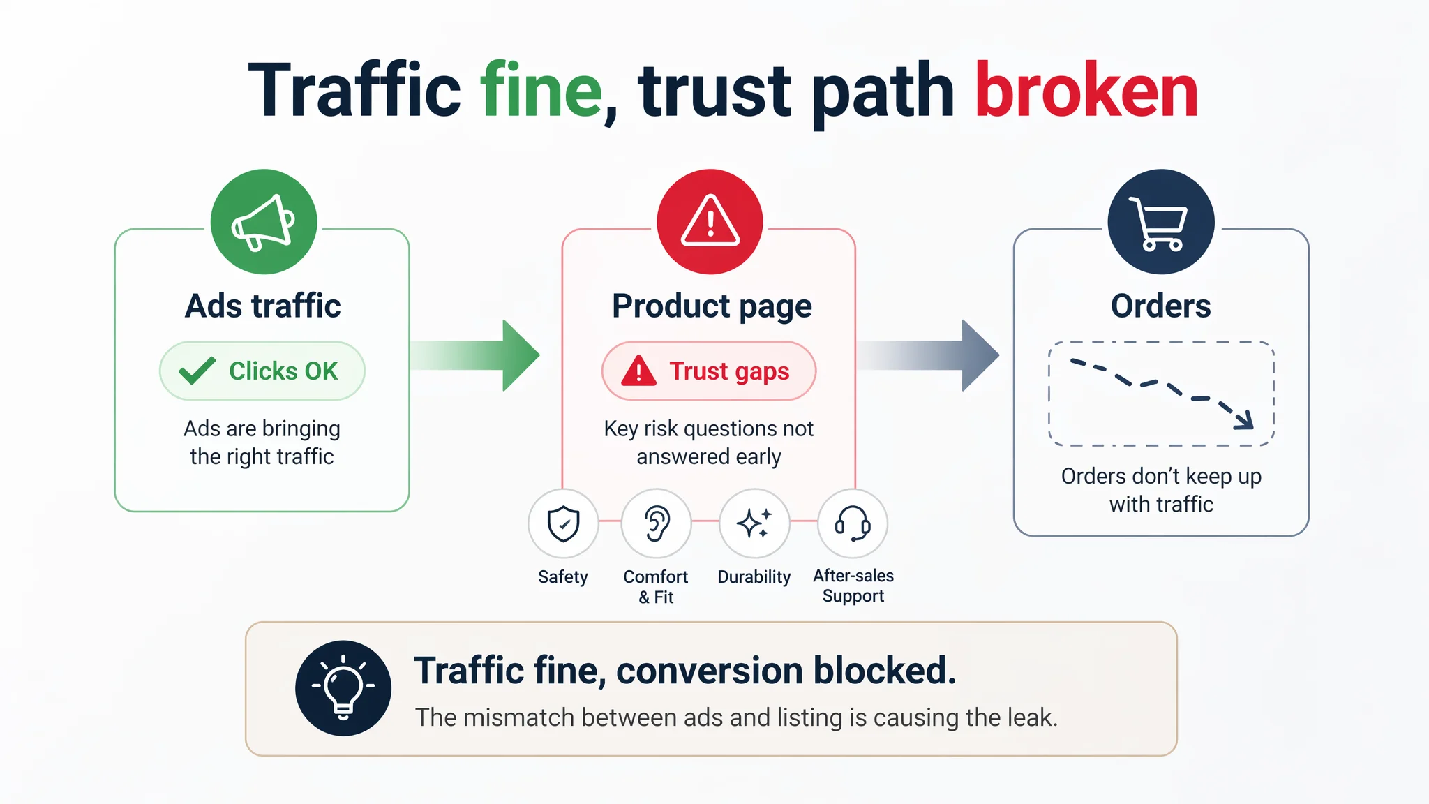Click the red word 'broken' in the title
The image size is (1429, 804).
click(x=1086, y=91)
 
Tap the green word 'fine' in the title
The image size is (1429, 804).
click(x=541, y=91)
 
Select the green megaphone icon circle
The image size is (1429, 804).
click(x=264, y=222)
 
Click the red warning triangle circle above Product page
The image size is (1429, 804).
click(x=710, y=222)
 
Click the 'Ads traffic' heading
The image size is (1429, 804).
click(x=263, y=306)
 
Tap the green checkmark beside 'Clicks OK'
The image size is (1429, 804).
click(x=197, y=371)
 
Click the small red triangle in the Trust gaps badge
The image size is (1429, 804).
click(x=638, y=371)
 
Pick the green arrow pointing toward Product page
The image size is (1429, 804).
click(x=475, y=355)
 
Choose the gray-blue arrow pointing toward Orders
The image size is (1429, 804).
click(x=928, y=355)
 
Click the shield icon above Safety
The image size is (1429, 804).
click(x=563, y=523)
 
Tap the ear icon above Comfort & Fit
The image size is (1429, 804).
click(x=656, y=523)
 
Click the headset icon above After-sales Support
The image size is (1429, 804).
click(x=853, y=523)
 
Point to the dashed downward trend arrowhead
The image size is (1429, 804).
click(x=1244, y=419)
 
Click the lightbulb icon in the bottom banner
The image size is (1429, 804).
click(x=343, y=688)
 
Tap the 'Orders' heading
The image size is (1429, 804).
click(x=1161, y=306)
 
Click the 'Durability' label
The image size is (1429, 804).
click(x=754, y=576)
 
